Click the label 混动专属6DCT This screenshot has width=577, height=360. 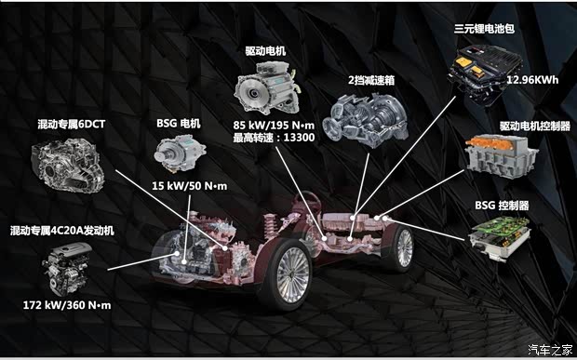click(72, 125)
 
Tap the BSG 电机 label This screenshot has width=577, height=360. click(179, 123)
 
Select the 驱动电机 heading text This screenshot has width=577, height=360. click(265, 51)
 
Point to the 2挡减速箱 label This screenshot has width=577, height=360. click(371, 80)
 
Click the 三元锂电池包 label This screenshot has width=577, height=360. click(484, 28)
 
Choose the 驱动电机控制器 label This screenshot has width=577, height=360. click(535, 127)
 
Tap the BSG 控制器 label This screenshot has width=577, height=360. click(502, 205)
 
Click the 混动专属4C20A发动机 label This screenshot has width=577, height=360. click(62, 231)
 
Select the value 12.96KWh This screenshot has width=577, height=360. click(532, 80)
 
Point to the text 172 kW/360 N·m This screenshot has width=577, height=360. click(67, 305)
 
